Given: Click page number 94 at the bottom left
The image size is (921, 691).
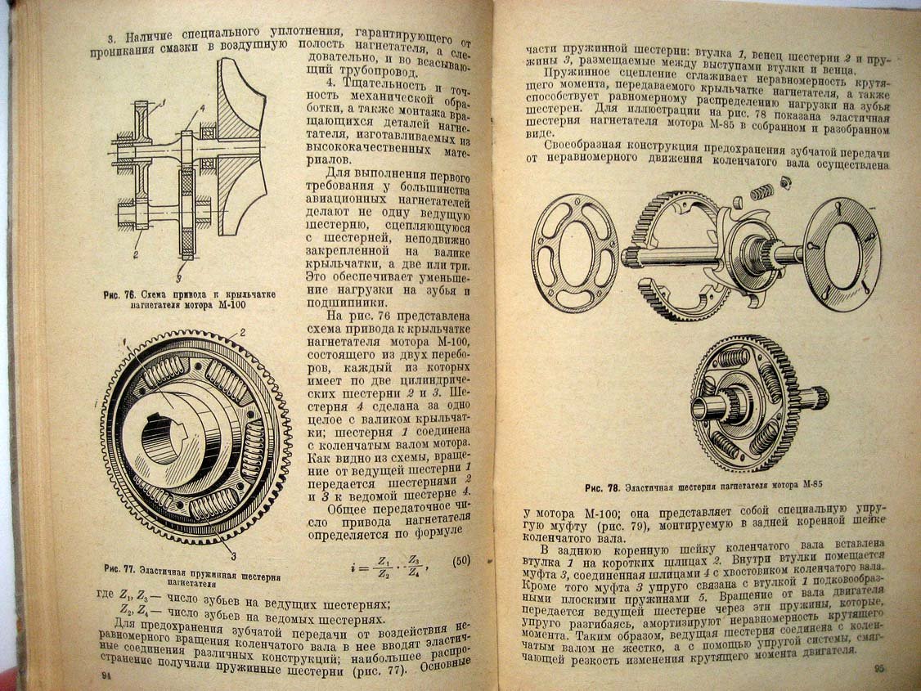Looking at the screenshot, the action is pyautogui.click(x=107, y=675).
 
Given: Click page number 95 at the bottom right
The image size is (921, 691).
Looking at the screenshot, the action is pyautogui.click(x=880, y=668).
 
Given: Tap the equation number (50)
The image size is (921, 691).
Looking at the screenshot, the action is pyautogui.click(x=461, y=561).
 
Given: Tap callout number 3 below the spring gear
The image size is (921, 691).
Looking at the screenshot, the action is pyautogui.click(x=233, y=556).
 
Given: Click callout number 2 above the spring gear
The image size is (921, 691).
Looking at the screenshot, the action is pyautogui.click(x=242, y=333).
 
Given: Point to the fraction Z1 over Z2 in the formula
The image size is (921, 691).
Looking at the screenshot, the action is pyautogui.click(x=384, y=567).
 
